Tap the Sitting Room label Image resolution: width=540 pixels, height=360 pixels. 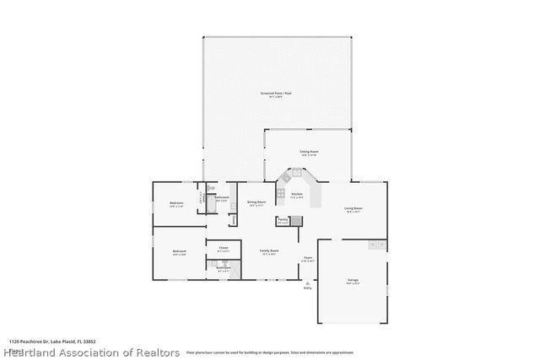(309, 152)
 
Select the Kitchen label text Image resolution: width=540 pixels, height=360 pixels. (297, 194)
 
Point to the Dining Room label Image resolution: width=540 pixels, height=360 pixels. (256, 202)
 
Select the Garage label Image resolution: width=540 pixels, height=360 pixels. (353, 279)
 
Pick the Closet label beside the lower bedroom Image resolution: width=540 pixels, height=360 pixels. (223, 247)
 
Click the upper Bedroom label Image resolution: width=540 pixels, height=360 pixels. (176, 203)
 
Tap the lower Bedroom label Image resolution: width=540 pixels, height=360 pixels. (180, 251)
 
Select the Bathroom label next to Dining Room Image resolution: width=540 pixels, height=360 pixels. (221, 198)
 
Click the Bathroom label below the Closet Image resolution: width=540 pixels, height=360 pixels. (224, 268)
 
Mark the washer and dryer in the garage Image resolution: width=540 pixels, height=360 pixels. (377, 244)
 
